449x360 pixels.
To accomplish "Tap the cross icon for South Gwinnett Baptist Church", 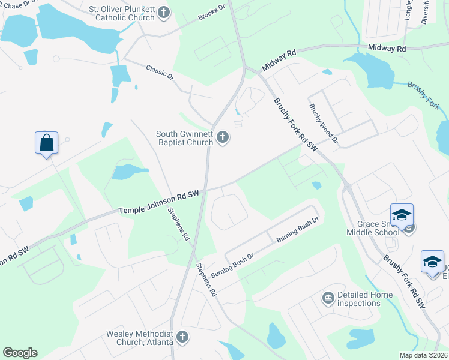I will pyautogui.click(x=223, y=139).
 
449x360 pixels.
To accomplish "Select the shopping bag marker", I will pyautogui.click(x=46, y=143).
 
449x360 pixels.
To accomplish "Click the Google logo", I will pyautogui.click(x=20, y=353).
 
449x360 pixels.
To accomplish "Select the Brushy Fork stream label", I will pyautogui.click(x=424, y=96).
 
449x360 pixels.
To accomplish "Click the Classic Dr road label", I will pyautogui.click(x=160, y=74).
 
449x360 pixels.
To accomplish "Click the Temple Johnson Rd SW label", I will pyautogui.click(x=158, y=203).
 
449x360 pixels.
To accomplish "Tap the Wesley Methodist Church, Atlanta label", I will pyautogui.click(x=139, y=338).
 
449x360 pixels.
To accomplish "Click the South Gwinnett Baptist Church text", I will pyautogui.click(x=184, y=138).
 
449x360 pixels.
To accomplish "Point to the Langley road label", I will pyautogui.click(x=408, y=11).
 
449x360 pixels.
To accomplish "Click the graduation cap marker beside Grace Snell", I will pyautogui.click(x=402, y=214).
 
